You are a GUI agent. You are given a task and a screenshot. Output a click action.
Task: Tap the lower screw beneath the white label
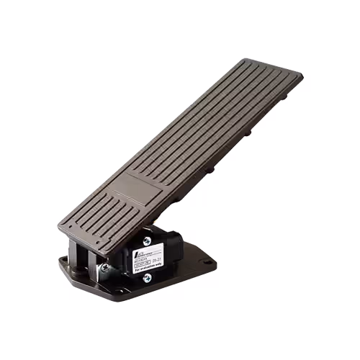tap(147, 277)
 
